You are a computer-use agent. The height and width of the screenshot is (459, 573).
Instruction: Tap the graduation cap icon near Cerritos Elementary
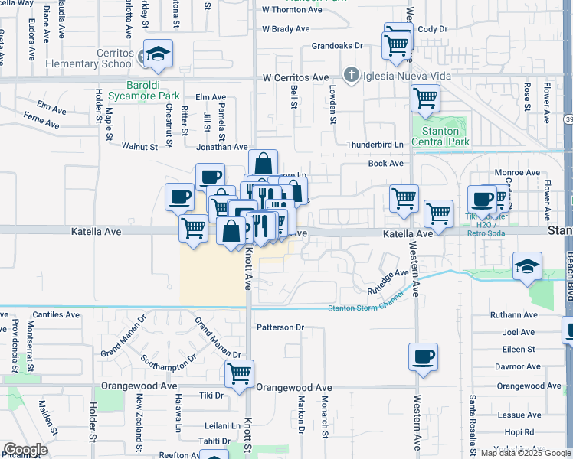(159, 54)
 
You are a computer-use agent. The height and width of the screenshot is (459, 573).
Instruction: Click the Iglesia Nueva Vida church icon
(352, 74)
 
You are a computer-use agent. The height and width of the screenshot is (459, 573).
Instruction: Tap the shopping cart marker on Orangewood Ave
(239, 374)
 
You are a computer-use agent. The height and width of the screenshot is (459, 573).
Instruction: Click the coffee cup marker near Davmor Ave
(424, 357)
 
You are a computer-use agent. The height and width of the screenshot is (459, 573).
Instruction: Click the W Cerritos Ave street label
(296, 78)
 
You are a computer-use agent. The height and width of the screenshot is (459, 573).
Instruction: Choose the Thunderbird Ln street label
(375, 145)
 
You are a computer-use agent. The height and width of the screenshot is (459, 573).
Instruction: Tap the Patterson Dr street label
(280, 327)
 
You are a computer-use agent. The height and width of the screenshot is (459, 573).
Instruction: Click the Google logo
(25, 450)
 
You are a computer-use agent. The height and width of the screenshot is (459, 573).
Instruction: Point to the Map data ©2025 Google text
(526, 453)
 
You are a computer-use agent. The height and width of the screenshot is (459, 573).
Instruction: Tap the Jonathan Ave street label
(222, 147)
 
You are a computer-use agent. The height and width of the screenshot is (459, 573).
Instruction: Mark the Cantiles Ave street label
(56, 314)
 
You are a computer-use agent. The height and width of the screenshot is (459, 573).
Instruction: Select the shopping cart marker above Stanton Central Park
(425, 98)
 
